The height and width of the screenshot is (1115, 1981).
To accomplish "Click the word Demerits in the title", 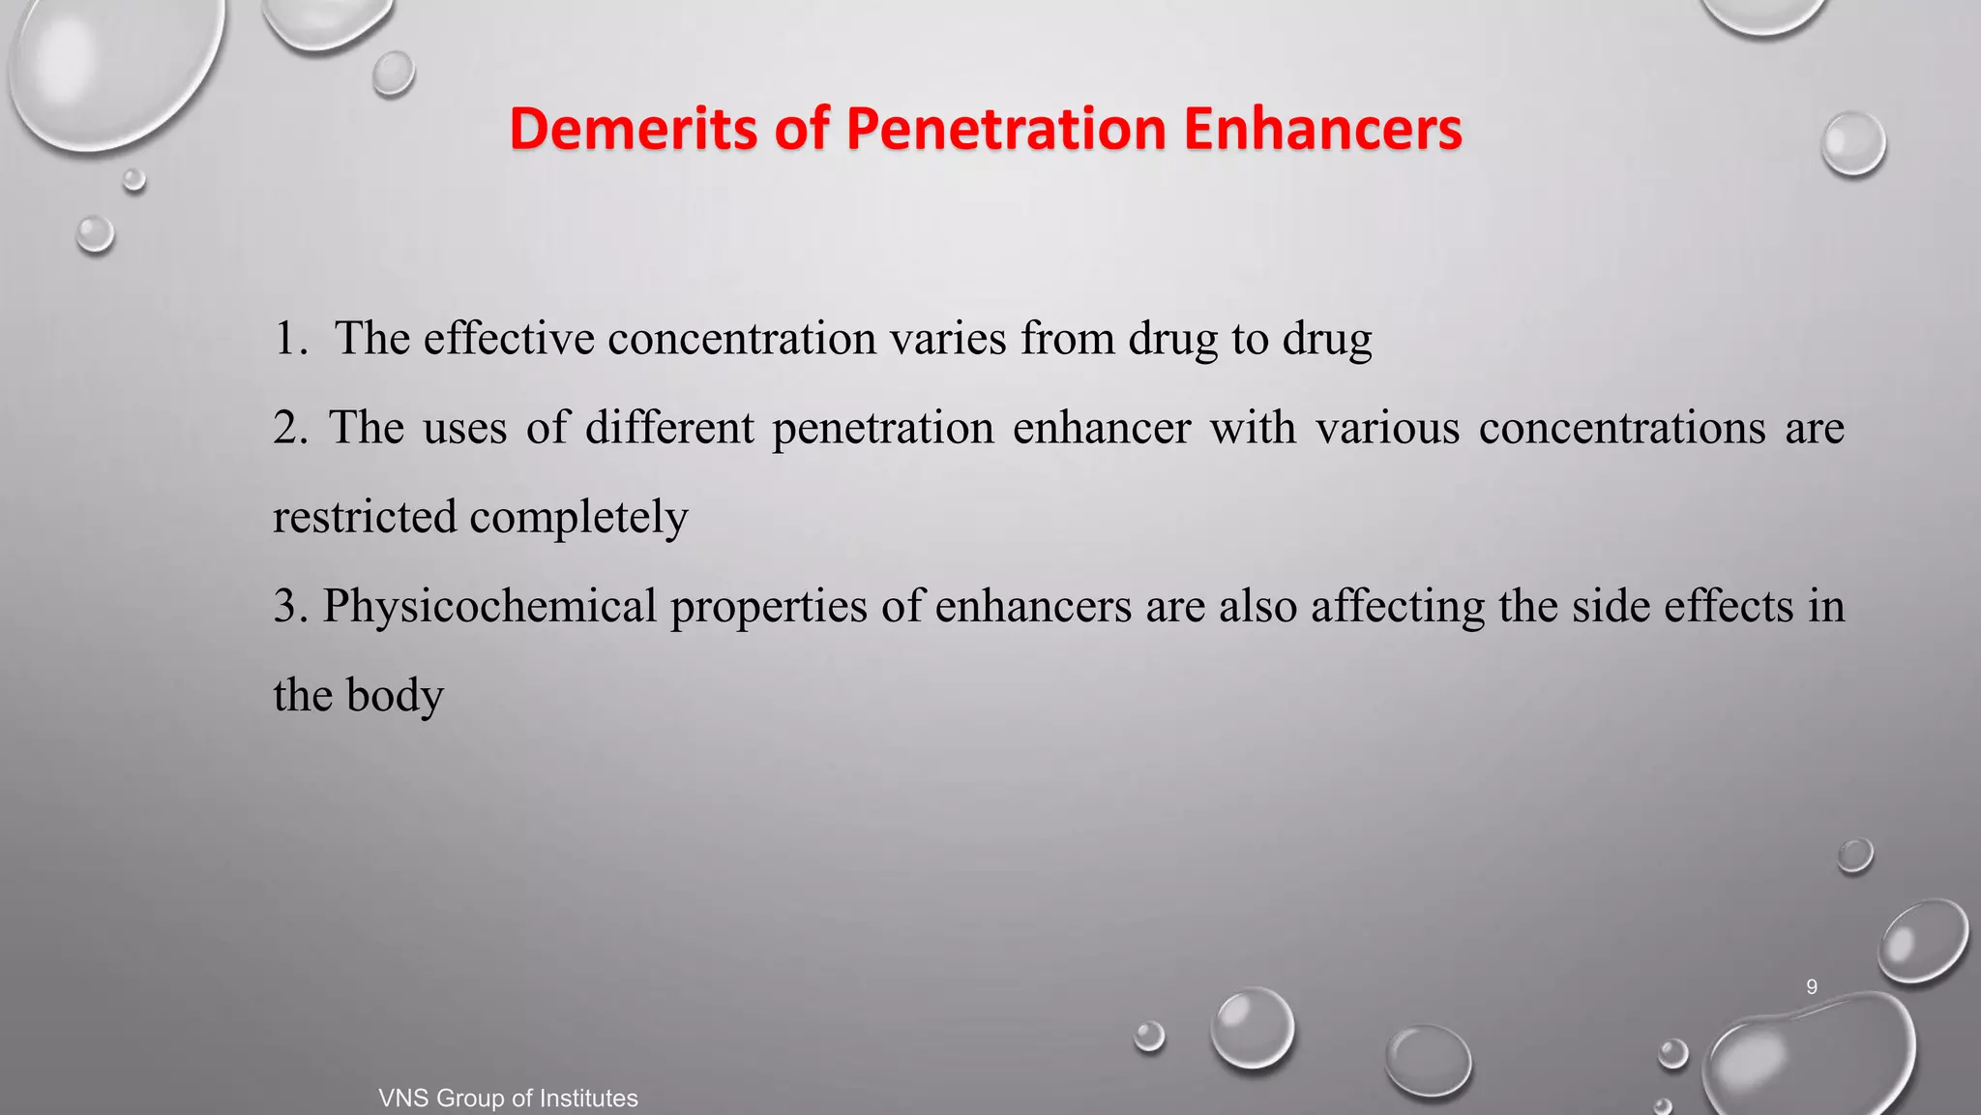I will coord(634,129).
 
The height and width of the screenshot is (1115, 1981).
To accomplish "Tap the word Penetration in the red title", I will coord(1006,129).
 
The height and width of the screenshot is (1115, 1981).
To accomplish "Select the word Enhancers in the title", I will coord(1322,129).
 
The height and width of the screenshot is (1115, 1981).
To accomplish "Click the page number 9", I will coord(1812,987).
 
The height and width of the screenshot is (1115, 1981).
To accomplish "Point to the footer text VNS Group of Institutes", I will coord(508,1099).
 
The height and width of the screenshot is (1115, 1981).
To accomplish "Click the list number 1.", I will coord(288,339).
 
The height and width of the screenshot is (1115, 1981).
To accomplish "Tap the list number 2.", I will coord(288,428).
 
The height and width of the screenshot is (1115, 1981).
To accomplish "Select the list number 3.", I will coord(288,606).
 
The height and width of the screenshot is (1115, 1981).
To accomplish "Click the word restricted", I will coord(365,517).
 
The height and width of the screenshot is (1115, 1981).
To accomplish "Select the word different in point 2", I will coord(669,428).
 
